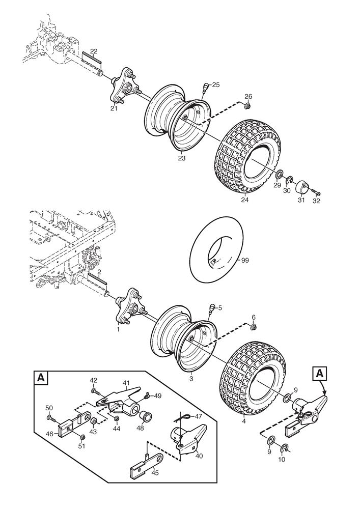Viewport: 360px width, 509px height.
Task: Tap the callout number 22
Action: (x=94, y=51)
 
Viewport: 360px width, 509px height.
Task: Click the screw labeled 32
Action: (x=316, y=193)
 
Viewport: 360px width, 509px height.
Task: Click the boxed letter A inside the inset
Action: (x=41, y=377)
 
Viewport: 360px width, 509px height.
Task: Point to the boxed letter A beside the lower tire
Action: (x=320, y=373)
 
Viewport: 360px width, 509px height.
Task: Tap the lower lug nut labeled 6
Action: (x=255, y=326)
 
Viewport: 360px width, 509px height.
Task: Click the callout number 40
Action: (x=199, y=456)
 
